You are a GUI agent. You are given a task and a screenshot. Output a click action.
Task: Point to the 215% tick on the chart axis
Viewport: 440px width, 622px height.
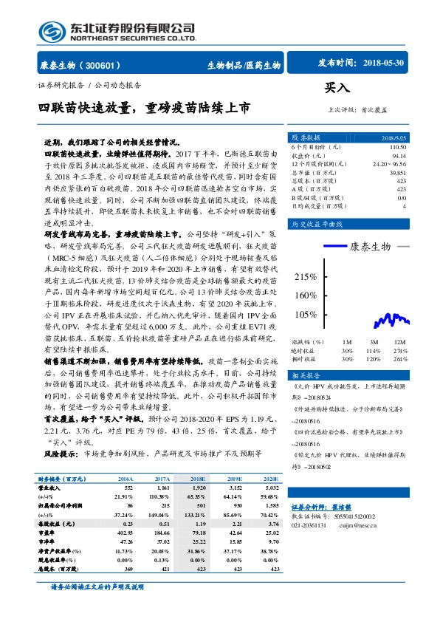pyautogui.click(x=305, y=277)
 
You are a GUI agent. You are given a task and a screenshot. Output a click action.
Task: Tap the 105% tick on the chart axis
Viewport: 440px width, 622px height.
pyautogui.click(x=305, y=314)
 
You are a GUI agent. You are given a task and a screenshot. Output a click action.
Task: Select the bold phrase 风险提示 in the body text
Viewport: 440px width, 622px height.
pyautogui.click(x=60, y=451)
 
